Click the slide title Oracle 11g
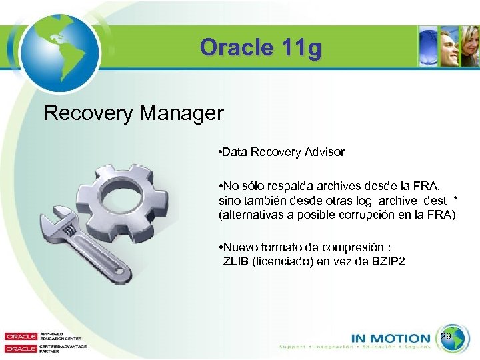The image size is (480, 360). pyautogui.click(x=260, y=47)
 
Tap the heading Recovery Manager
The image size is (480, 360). pyautogui.click(x=133, y=113)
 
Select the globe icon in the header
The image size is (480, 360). pyautogui.click(x=59, y=48)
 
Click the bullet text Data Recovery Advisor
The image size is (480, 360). pyautogui.click(x=283, y=152)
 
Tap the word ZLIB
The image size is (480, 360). pyautogui.click(x=235, y=261)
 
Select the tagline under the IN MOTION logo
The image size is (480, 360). pyautogui.click(x=355, y=347)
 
